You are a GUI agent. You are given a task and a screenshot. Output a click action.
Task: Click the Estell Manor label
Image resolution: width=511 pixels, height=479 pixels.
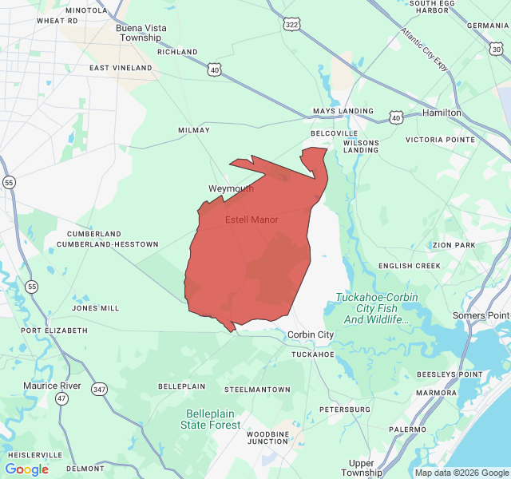(252, 220)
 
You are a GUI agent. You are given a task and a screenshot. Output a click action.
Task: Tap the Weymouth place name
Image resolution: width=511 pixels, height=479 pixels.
(231, 189)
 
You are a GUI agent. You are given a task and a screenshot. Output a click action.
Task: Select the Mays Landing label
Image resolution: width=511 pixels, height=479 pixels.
(343, 111)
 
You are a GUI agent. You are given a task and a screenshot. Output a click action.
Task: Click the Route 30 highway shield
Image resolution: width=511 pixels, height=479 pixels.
(497, 49)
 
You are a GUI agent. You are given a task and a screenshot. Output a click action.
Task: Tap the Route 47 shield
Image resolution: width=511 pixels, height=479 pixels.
(62, 398)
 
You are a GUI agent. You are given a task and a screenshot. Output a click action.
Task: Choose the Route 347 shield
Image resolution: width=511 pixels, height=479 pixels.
(99, 389)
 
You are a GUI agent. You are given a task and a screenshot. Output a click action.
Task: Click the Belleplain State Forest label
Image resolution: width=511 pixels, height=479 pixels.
(212, 419)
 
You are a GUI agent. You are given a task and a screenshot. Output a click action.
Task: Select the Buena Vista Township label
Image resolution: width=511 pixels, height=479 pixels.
(141, 33)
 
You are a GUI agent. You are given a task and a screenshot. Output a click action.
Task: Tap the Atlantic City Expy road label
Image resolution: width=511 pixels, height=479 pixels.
(425, 47)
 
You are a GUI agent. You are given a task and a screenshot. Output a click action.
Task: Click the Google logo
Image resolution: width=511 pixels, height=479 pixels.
(26, 469)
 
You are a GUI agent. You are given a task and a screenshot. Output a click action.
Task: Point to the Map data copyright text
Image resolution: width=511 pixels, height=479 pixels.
(461, 473)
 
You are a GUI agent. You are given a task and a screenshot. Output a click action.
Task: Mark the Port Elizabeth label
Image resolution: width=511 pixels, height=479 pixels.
(54, 330)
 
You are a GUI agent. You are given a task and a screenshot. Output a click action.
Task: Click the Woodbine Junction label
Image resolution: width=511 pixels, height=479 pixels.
(267, 437)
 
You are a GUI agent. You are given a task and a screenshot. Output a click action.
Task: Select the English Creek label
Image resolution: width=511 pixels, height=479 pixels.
(409, 266)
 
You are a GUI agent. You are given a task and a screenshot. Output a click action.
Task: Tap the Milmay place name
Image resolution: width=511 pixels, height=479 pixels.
(193, 130)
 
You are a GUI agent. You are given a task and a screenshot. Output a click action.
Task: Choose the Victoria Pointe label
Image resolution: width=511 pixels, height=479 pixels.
(440, 140)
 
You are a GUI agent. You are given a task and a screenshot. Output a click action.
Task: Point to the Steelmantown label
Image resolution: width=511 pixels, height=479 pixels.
(257, 389)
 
